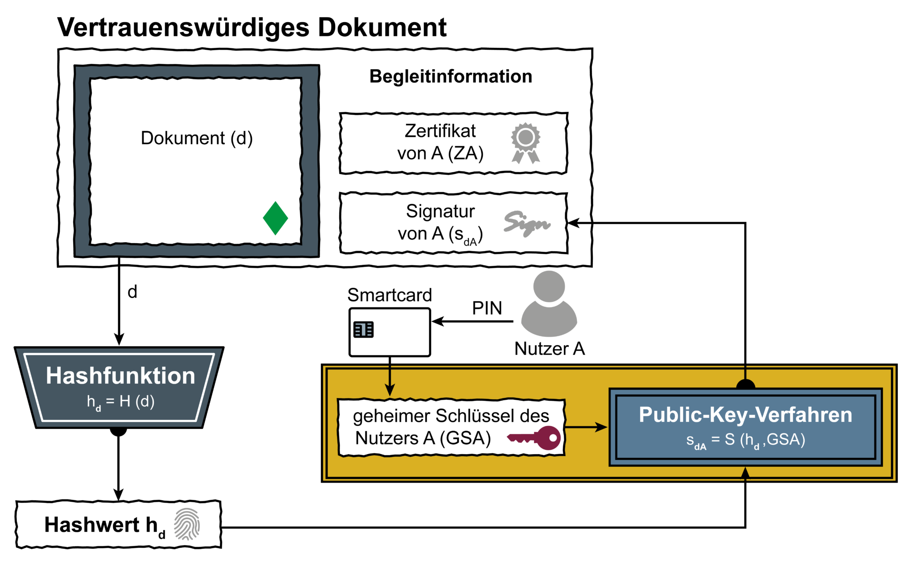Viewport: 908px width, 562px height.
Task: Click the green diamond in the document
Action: (x=275, y=218)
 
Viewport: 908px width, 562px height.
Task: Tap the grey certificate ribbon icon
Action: (x=525, y=142)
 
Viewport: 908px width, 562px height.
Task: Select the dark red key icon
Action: (x=536, y=438)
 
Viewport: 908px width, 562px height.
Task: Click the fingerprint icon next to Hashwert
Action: (x=187, y=524)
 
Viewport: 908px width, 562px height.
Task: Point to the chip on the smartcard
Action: (x=363, y=330)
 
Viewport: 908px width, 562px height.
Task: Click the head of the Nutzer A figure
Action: (x=549, y=287)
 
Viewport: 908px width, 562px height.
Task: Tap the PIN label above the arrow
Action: (x=487, y=308)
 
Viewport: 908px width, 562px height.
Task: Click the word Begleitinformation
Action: (x=450, y=76)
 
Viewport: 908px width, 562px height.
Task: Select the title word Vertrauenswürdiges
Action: (x=184, y=28)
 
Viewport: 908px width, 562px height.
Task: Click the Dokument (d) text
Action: (x=196, y=138)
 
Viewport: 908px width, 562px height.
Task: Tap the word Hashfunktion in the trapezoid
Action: (x=120, y=376)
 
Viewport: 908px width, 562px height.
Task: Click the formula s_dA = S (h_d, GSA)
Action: (x=745, y=440)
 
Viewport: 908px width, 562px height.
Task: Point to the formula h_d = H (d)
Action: (x=120, y=402)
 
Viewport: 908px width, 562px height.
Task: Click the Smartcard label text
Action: (x=389, y=295)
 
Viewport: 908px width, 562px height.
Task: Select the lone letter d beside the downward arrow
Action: (x=132, y=292)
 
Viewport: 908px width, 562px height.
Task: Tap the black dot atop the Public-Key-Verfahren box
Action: (x=745, y=385)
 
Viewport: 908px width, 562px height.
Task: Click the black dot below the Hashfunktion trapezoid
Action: (x=118, y=431)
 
